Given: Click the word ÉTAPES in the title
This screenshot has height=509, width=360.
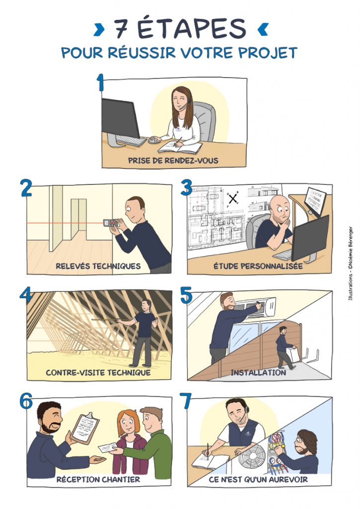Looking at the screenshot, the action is [191, 28].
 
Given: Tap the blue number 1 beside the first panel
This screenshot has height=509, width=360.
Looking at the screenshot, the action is [100, 83].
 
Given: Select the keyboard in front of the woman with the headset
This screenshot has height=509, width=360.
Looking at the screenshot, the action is [131, 141].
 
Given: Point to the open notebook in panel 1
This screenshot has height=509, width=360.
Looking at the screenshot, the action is [180, 147].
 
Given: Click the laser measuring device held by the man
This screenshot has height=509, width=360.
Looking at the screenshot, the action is [112, 223].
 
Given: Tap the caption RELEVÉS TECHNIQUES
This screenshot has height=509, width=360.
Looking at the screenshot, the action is [98, 266].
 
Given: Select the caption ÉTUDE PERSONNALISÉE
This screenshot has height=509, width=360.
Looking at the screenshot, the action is [258, 266].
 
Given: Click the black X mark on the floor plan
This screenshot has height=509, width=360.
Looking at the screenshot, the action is [233, 199].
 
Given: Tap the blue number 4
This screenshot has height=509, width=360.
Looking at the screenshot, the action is [26, 295].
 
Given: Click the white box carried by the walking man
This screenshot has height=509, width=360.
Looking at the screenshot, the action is [293, 354].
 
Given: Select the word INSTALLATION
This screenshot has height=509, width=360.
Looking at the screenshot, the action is [259, 372].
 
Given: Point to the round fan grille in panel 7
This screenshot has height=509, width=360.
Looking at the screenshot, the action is [252, 456].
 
